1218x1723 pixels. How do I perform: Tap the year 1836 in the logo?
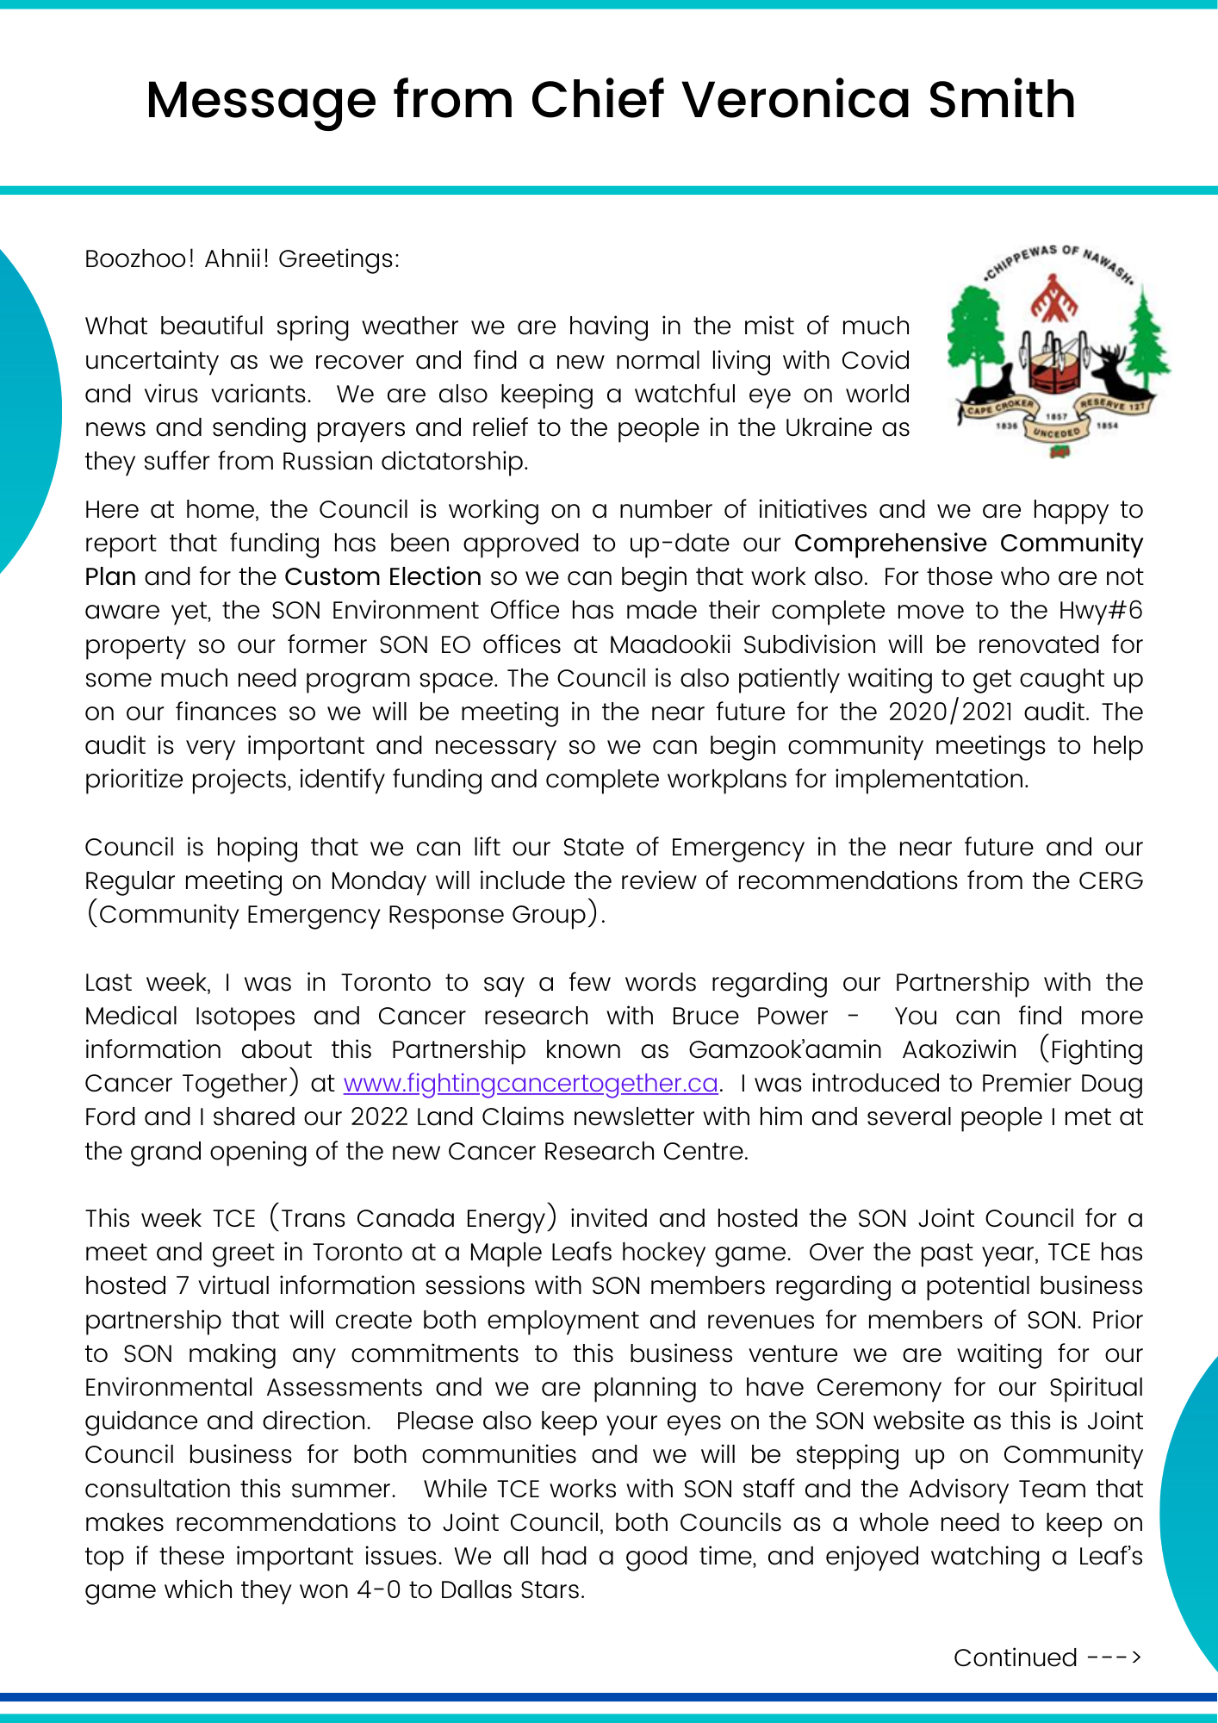[1006, 426]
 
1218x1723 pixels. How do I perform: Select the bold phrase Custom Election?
[382, 577]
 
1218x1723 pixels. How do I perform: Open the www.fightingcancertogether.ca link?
[531, 1084]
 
